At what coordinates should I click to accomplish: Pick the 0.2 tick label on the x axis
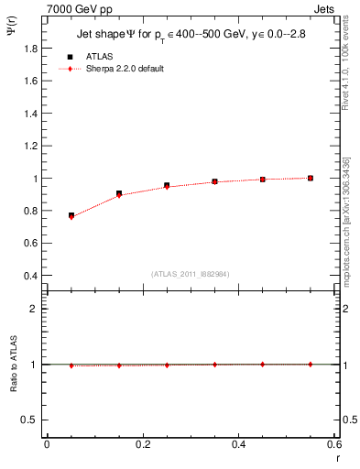(143, 444)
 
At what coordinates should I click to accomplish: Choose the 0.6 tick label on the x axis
(334, 444)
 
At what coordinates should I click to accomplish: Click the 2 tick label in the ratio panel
(34, 309)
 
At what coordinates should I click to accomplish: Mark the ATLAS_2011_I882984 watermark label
(191, 273)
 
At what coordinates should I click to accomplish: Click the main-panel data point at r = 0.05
(71, 215)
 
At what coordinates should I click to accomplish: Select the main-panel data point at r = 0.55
(311, 178)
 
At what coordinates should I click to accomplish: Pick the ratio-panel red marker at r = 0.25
(167, 365)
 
